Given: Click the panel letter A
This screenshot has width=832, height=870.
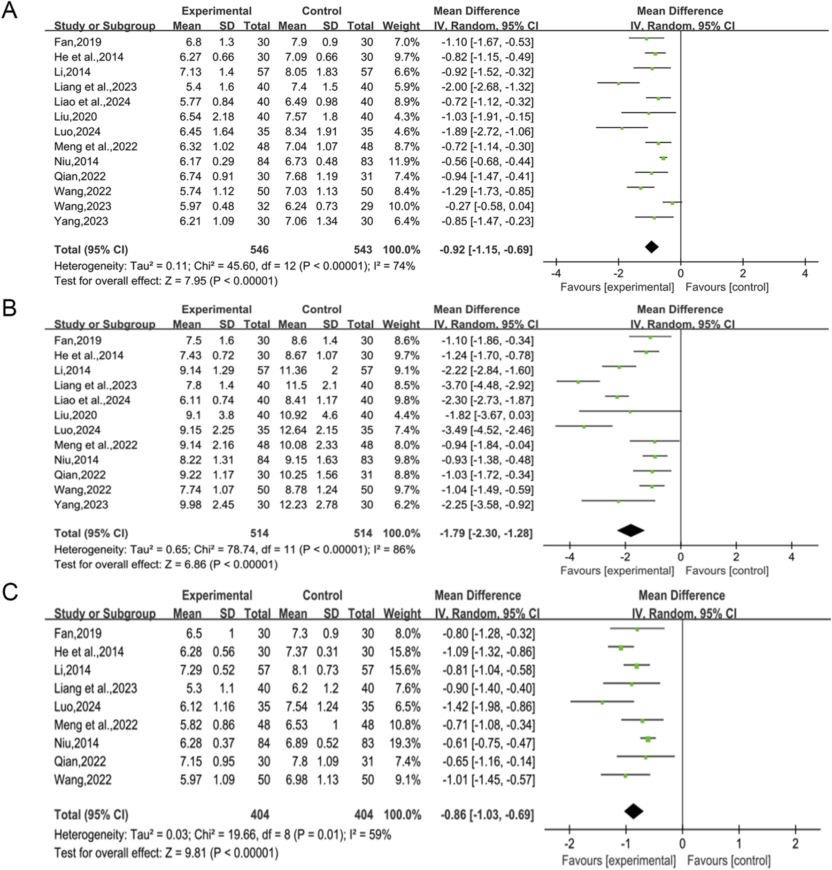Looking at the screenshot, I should (x=9, y=10).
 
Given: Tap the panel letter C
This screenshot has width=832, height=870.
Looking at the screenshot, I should (x=10, y=592).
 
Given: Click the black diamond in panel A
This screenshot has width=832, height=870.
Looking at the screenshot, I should (x=651, y=247).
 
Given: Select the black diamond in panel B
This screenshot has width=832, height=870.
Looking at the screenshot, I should (x=631, y=530).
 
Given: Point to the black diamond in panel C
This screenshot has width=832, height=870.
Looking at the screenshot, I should (x=633, y=811).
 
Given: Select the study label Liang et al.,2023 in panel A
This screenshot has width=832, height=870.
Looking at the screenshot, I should (x=95, y=87).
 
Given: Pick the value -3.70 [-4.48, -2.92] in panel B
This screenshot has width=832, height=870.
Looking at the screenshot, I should (x=487, y=385).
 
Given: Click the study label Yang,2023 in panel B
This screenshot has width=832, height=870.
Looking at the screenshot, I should (x=81, y=505).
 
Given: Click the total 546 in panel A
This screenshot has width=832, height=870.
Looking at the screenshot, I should (x=259, y=250).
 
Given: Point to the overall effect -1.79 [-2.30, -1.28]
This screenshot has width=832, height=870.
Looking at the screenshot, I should (x=486, y=533).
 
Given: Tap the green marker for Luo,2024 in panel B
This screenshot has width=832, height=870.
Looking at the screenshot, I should (x=584, y=427).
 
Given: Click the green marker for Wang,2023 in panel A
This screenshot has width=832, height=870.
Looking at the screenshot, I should (x=672, y=203).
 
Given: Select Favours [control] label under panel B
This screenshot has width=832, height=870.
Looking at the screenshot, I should (x=727, y=570).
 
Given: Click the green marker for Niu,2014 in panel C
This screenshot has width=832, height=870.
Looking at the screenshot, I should (x=648, y=739).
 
